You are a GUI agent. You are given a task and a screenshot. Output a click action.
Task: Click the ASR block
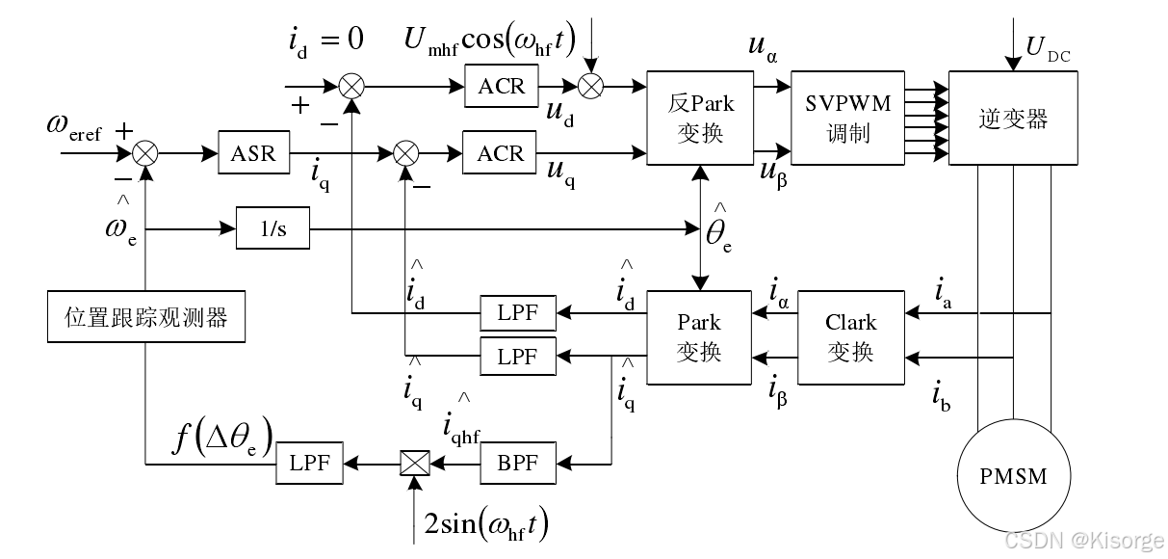253,152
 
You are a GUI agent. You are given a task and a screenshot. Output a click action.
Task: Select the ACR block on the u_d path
502,86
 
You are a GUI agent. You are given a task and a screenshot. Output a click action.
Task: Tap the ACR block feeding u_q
501,152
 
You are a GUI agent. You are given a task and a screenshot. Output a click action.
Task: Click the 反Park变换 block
699,118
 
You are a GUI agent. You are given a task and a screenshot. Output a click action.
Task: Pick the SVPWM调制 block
848,118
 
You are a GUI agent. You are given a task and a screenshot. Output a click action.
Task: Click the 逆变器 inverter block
1012,118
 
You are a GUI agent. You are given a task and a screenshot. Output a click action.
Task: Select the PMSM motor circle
1012,475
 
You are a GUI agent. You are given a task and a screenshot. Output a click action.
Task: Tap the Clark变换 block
850,336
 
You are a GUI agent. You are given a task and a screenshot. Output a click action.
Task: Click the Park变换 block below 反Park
698,336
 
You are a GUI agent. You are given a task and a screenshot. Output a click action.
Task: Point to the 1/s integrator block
273,229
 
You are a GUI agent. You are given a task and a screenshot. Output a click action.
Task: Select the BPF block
518,464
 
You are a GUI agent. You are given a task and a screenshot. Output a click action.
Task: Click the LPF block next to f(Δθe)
309,464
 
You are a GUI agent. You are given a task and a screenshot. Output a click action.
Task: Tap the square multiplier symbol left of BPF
414,464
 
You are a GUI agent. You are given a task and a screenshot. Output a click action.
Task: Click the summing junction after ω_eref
145,152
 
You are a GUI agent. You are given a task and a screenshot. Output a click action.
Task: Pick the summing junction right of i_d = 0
352,86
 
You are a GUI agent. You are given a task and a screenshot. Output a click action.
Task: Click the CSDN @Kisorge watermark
1083,541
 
